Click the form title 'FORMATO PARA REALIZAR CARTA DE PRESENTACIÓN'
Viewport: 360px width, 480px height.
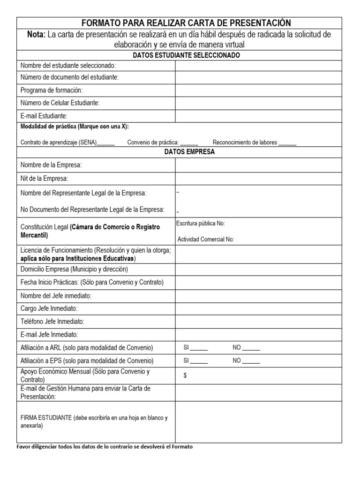[186, 23]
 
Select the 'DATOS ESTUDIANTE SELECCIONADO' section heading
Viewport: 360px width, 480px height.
[186, 55]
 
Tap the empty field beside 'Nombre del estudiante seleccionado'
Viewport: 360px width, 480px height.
[258, 66]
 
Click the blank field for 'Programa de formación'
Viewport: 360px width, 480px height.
[258, 90]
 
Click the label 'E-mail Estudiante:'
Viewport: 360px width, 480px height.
[44, 115]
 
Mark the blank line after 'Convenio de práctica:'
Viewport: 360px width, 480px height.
[189, 143]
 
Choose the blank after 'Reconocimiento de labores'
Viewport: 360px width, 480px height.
[287, 143]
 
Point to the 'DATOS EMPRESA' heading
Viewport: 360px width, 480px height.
[186, 152]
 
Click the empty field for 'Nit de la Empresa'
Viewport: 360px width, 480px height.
[258, 179]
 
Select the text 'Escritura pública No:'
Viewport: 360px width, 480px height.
[201, 224]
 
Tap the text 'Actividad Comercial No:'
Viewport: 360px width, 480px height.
[205, 239]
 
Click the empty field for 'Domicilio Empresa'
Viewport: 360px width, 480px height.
[258, 270]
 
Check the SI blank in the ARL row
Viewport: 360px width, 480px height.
[199, 348]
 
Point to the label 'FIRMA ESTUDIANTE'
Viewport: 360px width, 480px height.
[46, 418]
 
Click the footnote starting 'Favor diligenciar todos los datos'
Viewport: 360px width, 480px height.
[105, 447]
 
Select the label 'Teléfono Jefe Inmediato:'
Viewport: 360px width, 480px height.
[52, 322]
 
